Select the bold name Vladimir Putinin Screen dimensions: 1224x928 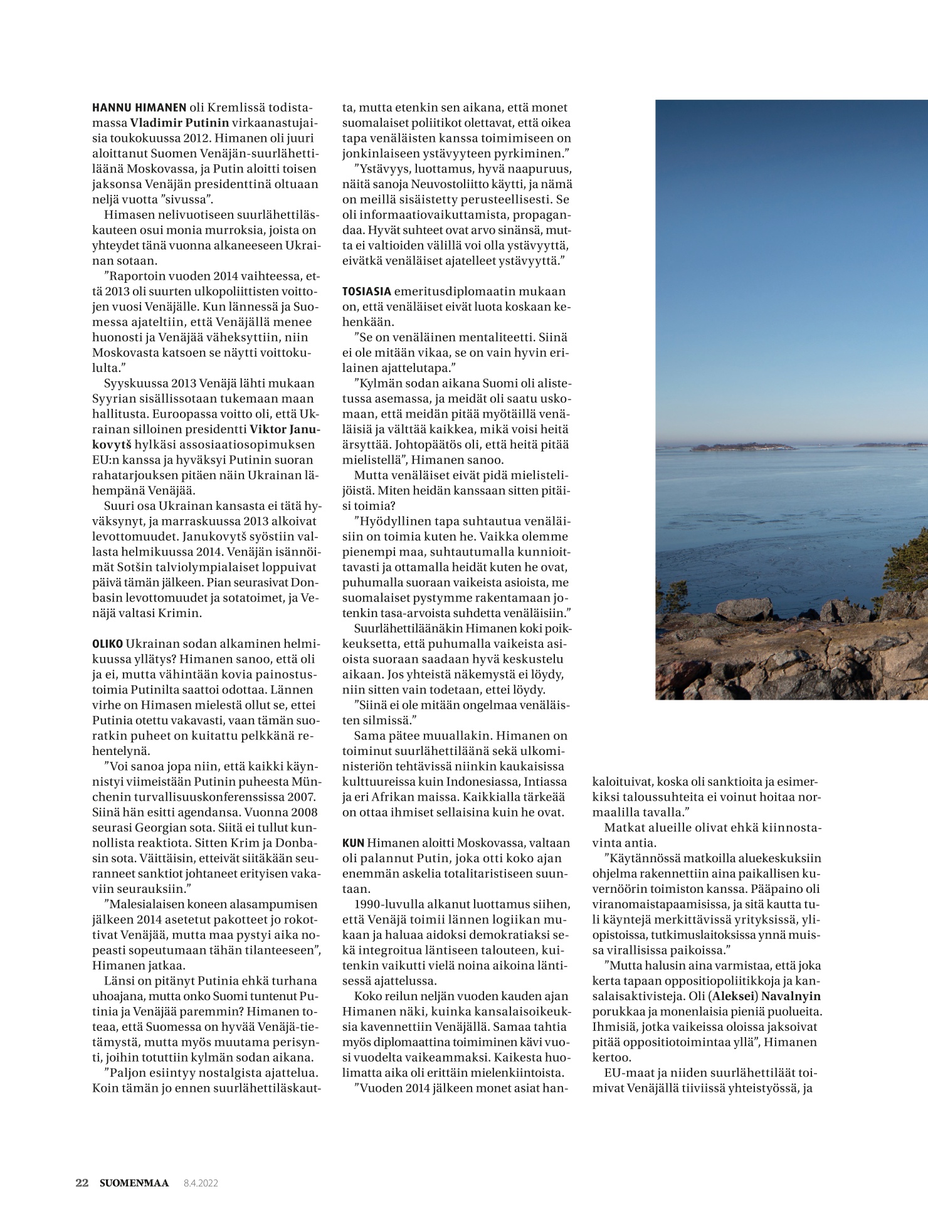tap(180, 123)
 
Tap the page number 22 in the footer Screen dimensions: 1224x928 tap(82, 1183)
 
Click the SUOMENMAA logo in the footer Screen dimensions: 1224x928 tap(134, 1183)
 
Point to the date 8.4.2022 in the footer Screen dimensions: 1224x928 tap(201, 1183)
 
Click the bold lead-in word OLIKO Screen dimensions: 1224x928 tap(107, 644)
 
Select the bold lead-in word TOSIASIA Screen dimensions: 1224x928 tap(367, 292)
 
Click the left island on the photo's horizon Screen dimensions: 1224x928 tap(740, 447)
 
